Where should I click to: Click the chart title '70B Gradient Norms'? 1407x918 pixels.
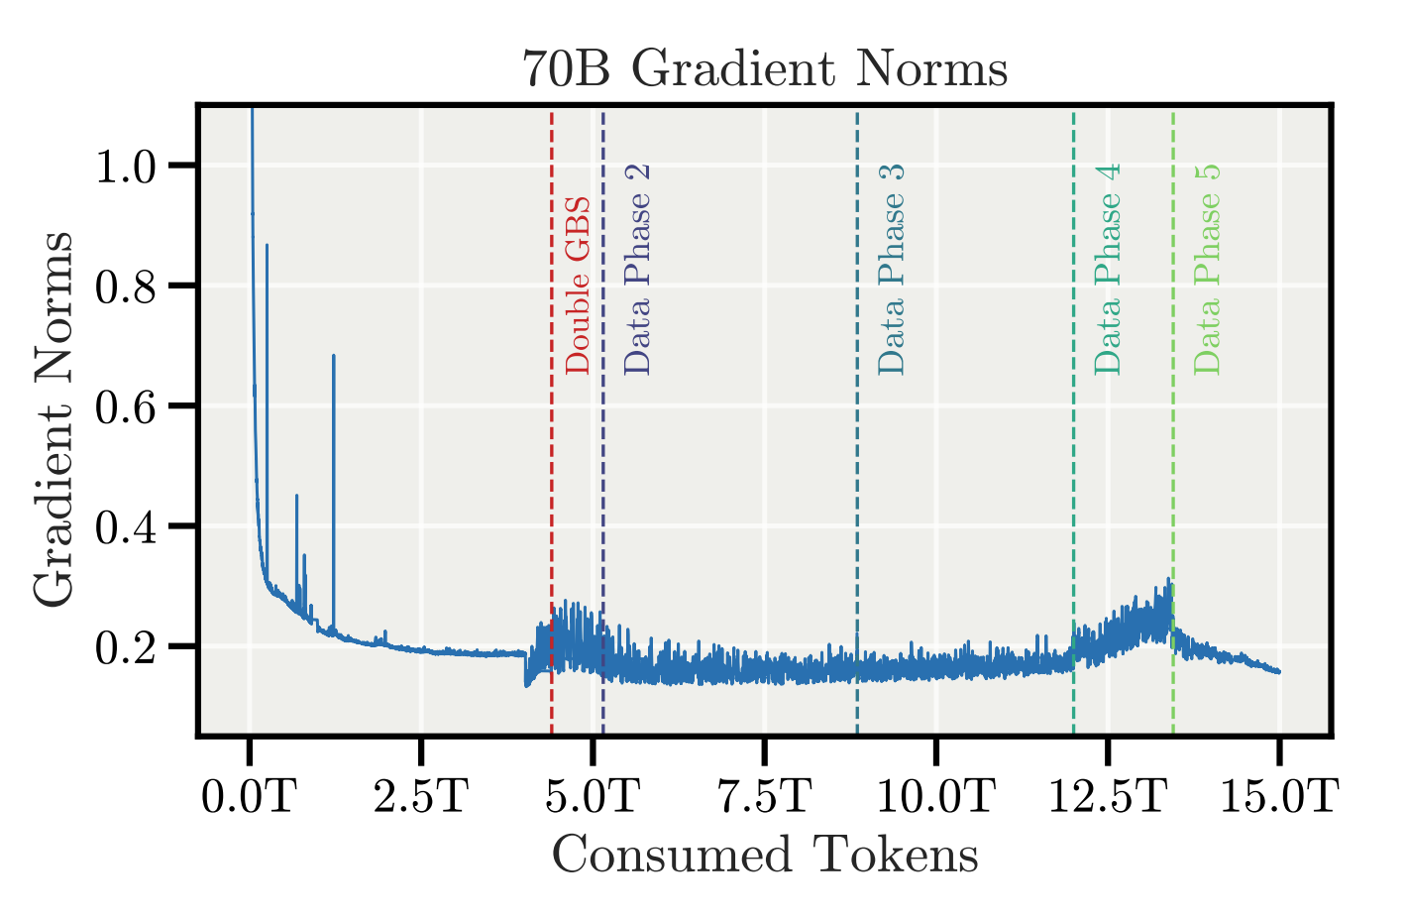(765, 70)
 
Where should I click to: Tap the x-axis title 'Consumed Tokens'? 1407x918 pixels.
(765, 856)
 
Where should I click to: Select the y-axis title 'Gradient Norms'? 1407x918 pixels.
(54, 418)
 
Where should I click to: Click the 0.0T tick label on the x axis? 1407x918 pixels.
(249, 795)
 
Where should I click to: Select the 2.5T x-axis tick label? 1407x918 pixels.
(420, 795)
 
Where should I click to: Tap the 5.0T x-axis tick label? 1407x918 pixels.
(593, 795)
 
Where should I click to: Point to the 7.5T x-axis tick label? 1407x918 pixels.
(764, 795)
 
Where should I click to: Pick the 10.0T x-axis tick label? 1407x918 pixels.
(935, 795)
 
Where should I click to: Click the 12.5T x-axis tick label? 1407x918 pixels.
(1107, 795)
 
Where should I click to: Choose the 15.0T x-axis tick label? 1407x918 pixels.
(1279, 795)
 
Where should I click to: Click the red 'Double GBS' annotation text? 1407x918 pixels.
(578, 286)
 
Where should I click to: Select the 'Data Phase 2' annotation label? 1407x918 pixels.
(638, 270)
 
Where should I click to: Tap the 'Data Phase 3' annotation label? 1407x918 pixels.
(892, 270)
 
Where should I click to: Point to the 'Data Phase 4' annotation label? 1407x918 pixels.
(1108, 270)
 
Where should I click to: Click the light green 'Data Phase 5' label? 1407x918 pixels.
(1207, 270)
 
